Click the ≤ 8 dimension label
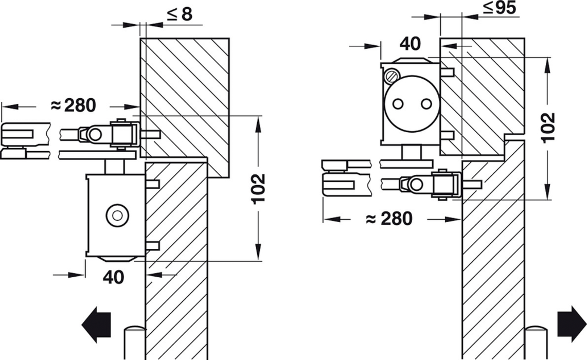pos(180,14)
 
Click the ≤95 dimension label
pos(500,8)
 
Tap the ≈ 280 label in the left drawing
pos(73,105)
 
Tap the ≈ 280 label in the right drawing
pos(389,219)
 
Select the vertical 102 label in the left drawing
pos(258,189)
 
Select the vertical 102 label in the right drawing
pos(548,127)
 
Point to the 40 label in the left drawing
pos(113,277)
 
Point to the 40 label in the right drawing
pos(410,44)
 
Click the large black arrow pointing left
pos(96,325)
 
